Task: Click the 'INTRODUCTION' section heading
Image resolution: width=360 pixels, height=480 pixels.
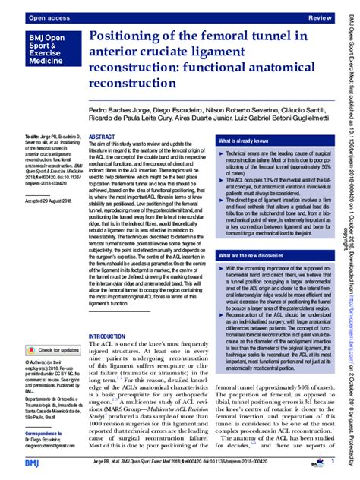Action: pyautogui.click(x=111, y=336)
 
